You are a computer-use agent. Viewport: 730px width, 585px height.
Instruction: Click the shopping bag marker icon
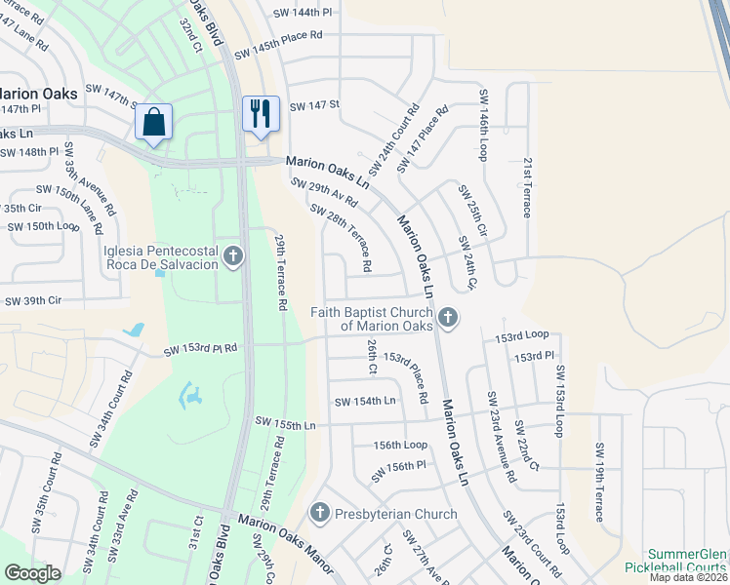coord(154,122)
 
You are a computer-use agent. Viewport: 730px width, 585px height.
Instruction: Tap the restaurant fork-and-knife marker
coord(261,113)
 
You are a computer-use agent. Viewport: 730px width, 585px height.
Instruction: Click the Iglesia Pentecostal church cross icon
coord(233,256)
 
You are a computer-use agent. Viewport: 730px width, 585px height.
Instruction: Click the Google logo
coord(33,572)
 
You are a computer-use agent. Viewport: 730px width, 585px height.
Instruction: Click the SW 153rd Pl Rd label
coord(200,348)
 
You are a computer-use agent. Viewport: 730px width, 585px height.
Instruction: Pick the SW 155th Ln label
coord(286,421)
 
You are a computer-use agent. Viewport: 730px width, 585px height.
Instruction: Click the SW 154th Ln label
coord(364,401)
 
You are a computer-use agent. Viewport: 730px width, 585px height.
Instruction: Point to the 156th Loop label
coord(400,445)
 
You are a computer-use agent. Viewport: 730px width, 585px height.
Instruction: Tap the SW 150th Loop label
coord(44,226)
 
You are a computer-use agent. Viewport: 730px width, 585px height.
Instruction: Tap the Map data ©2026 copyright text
coord(688,577)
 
